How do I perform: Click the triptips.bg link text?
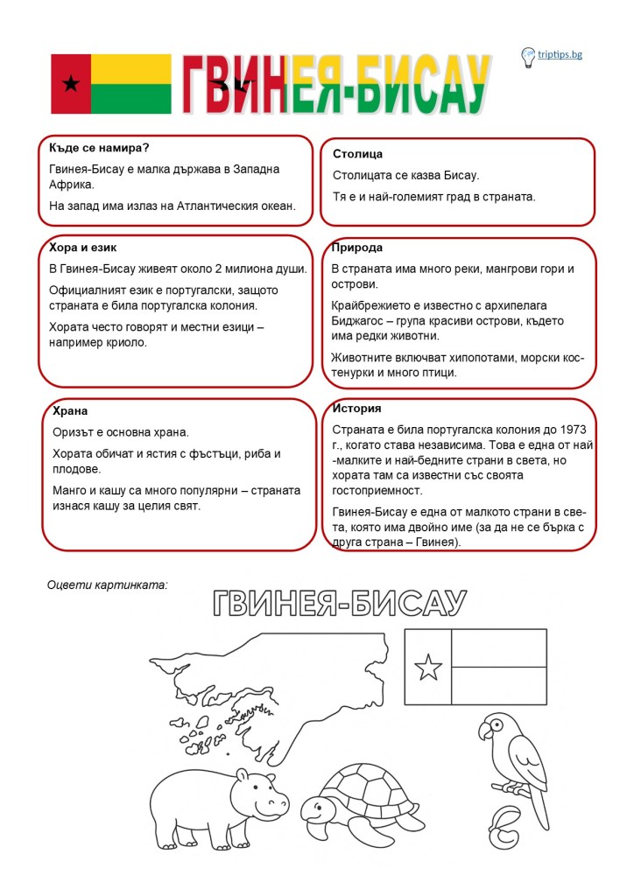tap(560, 55)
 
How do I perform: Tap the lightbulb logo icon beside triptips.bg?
tap(528, 57)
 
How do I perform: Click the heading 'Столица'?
tap(357, 154)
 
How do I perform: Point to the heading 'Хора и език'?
tap(83, 248)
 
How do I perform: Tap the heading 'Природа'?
tap(356, 248)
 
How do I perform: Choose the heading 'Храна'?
tap(70, 410)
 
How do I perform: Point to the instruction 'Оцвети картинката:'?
tap(107, 583)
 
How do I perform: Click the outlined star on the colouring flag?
tap(428, 668)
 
